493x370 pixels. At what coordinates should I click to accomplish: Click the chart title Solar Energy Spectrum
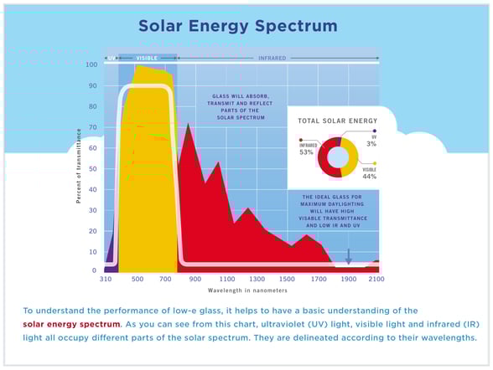coord(237,26)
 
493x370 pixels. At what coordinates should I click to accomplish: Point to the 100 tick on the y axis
coord(91,64)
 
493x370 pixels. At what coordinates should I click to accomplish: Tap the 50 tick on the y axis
coord(93,168)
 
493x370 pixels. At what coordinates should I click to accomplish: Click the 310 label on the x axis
coord(106,279)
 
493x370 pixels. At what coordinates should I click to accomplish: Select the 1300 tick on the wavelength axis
coord(257,279)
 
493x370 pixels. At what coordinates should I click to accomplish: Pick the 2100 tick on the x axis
coord(376,279)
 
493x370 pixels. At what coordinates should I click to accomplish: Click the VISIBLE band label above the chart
coord(147,58)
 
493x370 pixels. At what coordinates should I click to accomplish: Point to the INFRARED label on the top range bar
coord(272,58)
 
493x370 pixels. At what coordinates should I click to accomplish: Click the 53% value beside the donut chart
coord(306,152)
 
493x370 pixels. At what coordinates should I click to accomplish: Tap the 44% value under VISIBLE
coord(369,177)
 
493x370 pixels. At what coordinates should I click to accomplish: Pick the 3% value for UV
coord(371,144)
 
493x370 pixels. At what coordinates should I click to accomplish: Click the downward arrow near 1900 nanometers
coord(349,256)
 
